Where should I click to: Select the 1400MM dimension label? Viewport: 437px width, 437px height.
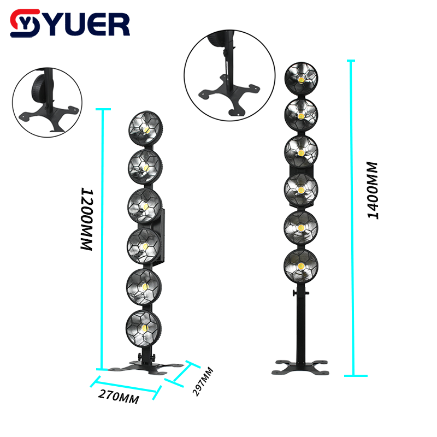(373, 190)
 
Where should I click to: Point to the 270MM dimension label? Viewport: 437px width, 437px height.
(117, 397)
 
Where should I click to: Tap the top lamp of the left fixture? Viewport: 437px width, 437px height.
(145, 128)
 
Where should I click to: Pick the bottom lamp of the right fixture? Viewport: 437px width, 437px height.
(300, 265)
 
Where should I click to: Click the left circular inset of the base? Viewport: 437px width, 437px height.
(47, 102)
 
